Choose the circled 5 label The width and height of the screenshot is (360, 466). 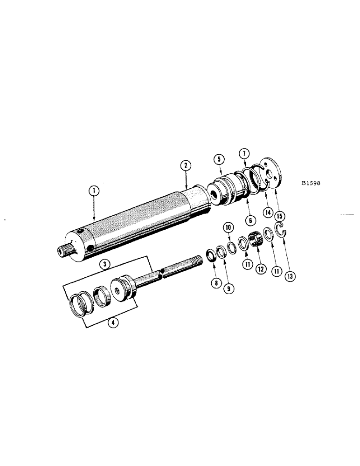(218, 158)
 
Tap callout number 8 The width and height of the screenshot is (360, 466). (215, 282)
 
